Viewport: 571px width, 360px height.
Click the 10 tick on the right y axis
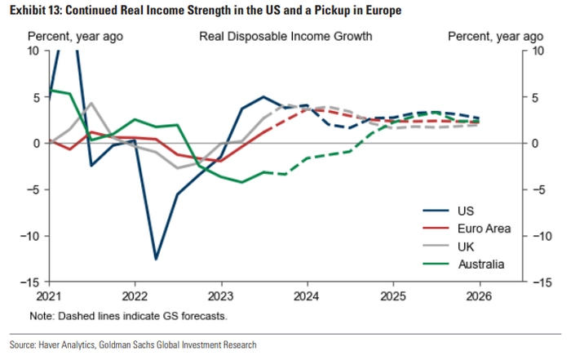coord(535,51)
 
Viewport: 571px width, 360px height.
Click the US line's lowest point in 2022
coord(156,259)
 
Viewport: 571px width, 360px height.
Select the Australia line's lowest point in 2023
coord(241,182)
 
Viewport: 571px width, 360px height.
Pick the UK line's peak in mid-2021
coord(91,103)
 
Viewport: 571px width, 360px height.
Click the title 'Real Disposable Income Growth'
coord(286,37)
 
